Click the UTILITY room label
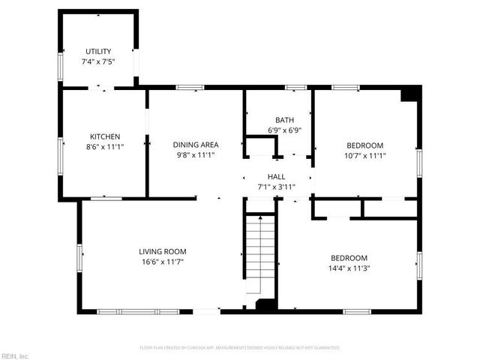(x=98, y=51)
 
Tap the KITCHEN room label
(x=105, y=136)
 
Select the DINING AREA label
(x=196, y=145)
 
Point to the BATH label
(x=284, y=120)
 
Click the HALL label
(x=276, y=177)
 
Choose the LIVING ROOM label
(x=162, y=251)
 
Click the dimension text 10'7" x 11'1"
(x=364, y=156)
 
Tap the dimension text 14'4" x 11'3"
(x=349, y=268)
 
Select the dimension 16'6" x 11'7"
(x=162, y=262)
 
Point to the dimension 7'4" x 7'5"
(x=98, y=61)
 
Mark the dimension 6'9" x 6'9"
(x=284, y=130)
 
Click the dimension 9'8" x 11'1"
(x=196, y=155)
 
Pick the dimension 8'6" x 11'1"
(x=105, y=147)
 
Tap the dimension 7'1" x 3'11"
(x=276, y=187)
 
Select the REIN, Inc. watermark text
(x=15, y=355)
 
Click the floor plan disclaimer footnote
(x=240, y=348)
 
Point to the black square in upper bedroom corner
(x=409, y=94)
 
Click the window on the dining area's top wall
(x=185, y=88)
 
